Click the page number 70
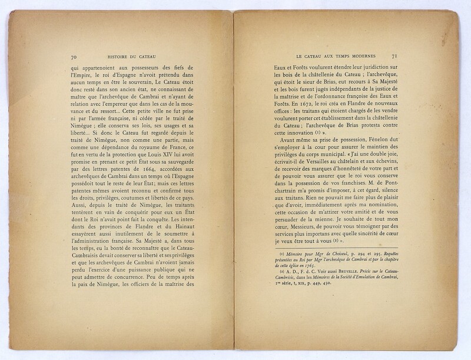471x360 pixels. (73, 57)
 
